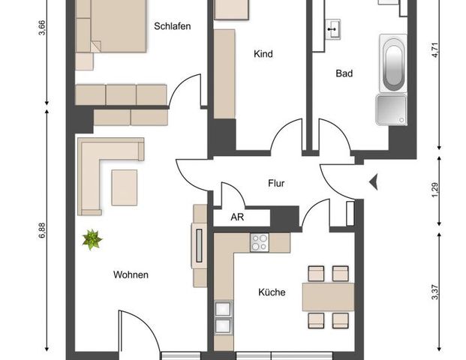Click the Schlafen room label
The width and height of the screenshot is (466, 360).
click(172, 26)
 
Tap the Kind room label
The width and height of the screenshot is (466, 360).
click(263, 54)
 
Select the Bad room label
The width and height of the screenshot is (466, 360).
click(344, 73)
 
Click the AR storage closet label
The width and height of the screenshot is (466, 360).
click(236, 217)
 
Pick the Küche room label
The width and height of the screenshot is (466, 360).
click(272, 292)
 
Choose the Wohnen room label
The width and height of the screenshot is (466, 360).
click(131, 274)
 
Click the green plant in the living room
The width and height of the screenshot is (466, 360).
click(92, 240)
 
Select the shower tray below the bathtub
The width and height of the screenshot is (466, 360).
click(391, 109)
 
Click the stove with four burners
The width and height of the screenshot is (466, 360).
click(260, 242)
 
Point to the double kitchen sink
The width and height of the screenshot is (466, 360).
click(223, 316)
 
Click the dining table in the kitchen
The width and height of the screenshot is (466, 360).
click(328, 296)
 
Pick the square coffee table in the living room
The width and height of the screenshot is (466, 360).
click(125, 187)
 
